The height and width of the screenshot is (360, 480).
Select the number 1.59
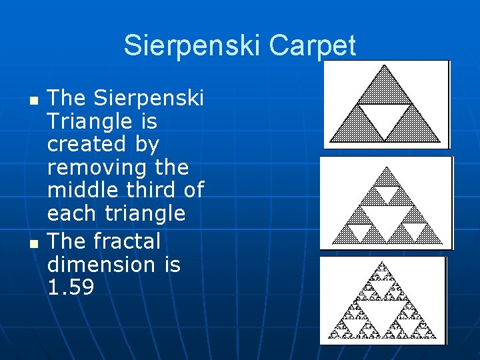71,287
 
